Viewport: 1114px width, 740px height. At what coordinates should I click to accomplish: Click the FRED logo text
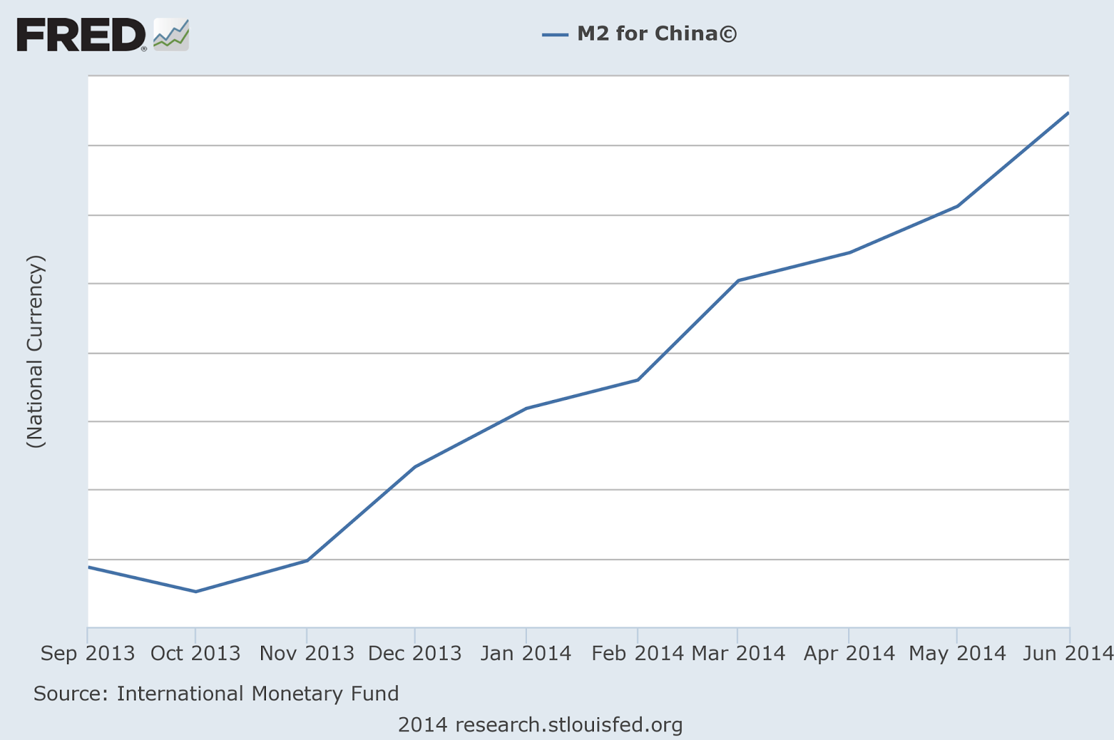(x=81, y=35)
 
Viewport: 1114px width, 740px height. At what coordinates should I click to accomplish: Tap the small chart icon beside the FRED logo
(x=171, y=35)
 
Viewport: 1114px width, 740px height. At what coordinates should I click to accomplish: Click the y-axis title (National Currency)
(x=35, y=352)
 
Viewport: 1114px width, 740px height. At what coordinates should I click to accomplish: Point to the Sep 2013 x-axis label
(x=88, y=654)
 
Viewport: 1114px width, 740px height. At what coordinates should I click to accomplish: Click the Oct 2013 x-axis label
(x=196, y=654)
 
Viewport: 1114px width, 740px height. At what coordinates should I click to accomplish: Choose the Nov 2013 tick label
(x=307, y=654)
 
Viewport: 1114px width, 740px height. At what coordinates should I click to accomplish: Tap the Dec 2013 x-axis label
(x=415, y=654)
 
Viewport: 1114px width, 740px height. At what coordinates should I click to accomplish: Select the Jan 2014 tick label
(x=526, y=654)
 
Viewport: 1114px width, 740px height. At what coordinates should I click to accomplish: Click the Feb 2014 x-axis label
(x=637, y=654)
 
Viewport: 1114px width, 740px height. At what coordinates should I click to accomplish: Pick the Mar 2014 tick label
(x=738, y=654)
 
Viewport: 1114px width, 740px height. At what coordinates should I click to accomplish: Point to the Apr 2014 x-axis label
(x=849, y=654)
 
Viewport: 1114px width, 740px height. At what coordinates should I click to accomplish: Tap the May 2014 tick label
(x=957, y=654)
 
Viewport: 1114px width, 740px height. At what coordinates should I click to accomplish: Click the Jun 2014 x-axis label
(x=1068, y=654)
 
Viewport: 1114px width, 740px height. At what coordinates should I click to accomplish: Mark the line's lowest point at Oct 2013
(x=196, y=592)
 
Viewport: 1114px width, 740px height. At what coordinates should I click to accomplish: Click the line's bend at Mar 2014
(x=738, y=280)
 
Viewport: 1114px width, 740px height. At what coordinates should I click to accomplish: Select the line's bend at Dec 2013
(x=415, y=466)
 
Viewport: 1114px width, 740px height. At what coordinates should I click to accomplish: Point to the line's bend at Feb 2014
(x=638, y=380)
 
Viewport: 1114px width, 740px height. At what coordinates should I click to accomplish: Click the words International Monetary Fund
(x=258, y=694)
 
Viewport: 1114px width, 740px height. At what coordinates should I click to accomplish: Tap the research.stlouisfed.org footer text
(x=569, y=725)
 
